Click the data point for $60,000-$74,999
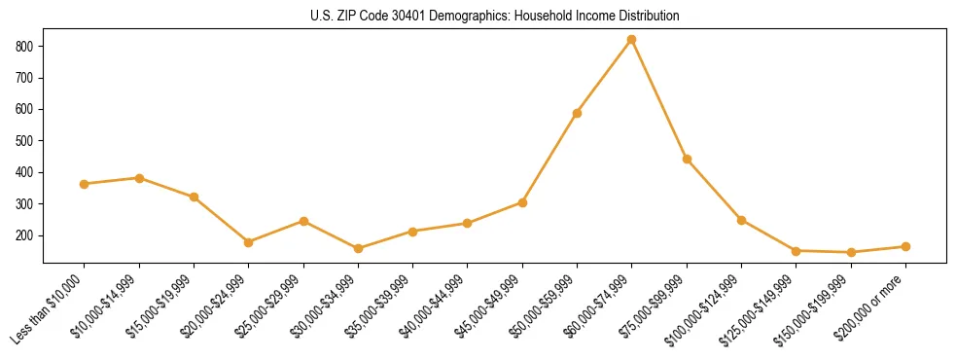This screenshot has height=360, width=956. (x=632, y=40)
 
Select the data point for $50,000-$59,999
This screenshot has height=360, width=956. (x=577, y=113)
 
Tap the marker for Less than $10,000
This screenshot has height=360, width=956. (x=85, y=184)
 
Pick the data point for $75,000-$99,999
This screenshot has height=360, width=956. (x=687, y=159)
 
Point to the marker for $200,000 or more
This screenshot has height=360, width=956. (x=905, y=247)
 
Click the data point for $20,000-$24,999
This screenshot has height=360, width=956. (x=249, y=242)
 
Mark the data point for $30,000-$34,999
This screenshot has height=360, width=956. (x=358, y=248)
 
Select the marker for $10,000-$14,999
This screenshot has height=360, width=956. (x=139, y=178)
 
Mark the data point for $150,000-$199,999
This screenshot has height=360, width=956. (x=851, y=252)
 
